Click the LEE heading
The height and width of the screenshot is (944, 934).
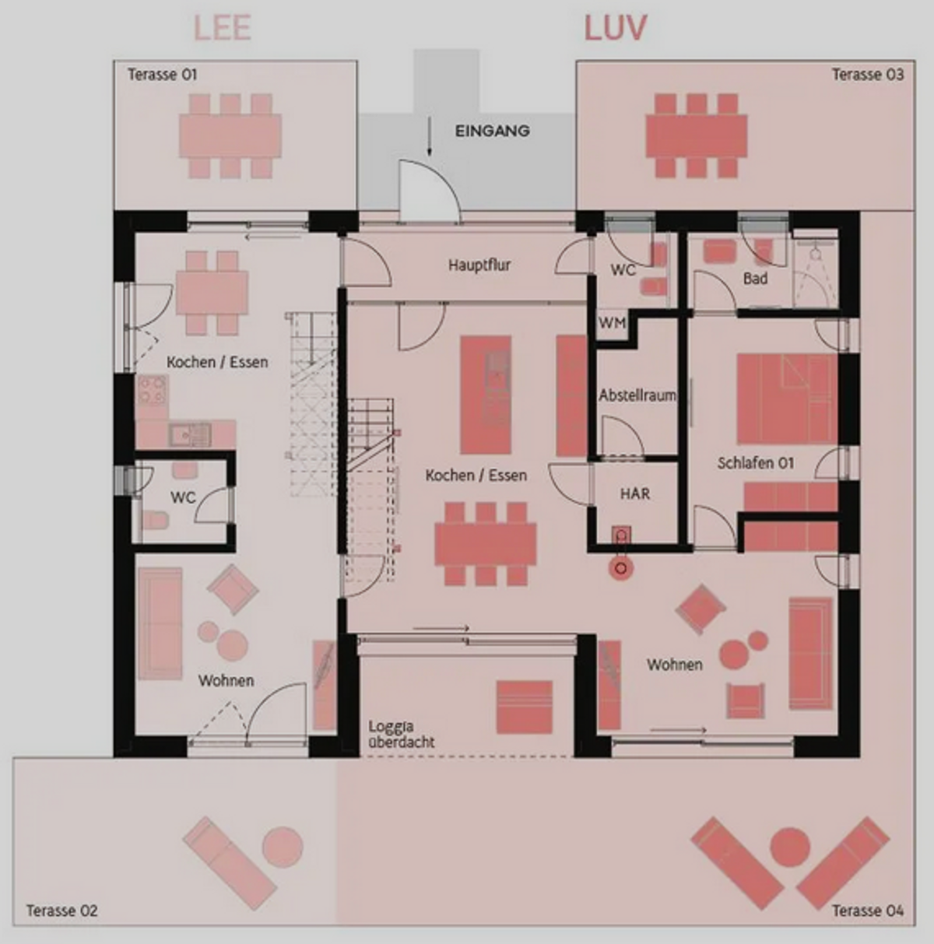[x=223, y=28]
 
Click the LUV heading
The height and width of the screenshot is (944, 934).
[x=616, y=28]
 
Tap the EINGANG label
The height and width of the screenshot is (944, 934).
[x=493, y=131]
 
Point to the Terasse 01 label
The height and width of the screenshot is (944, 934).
[x=162, y=75]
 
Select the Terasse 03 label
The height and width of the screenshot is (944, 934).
[x=868, y=75]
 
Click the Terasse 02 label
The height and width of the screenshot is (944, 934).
[x=61, y=911]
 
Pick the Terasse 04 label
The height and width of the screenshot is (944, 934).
[x=868, y=911]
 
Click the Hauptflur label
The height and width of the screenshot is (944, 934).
[x=479, y=265]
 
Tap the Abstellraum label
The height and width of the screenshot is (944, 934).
[x=637, y=395]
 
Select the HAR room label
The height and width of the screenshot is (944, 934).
[x=635, y=493]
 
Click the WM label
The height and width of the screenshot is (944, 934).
[x=613, y=323]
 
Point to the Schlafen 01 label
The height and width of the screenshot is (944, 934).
[x=756, y=463]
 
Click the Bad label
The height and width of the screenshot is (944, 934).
[x=755, y=279]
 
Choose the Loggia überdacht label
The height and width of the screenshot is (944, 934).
[x=402, y=735]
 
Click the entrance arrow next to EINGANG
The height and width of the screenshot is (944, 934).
[x=430, y=136]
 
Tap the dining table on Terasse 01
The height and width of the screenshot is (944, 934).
[x=230, y=136]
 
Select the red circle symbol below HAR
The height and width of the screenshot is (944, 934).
[x=621, y=569]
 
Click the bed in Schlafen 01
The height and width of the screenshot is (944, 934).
[x=788, y=398]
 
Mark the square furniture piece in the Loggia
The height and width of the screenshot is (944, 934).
[x=525, y=707]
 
